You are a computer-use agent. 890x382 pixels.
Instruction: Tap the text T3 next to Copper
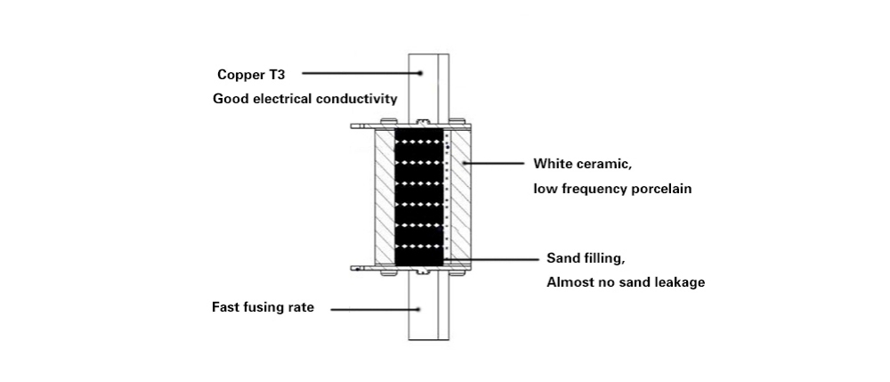276,74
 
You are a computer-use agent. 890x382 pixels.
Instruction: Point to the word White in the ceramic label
553,164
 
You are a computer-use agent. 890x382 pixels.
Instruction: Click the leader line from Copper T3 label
364,74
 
